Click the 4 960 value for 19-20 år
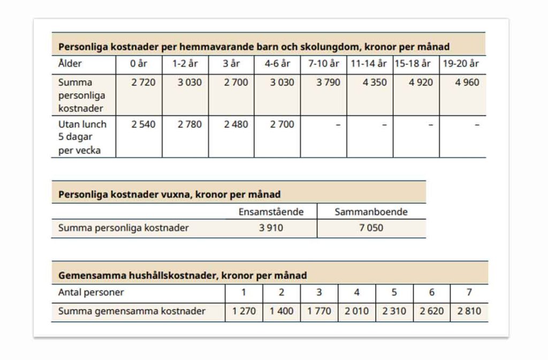point(467,82)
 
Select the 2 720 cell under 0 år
point(143,82)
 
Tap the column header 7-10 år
point(324,64)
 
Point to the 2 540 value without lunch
point(143,124)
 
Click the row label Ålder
point(70,64)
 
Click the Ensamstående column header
point(271,212)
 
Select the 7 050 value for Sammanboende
point(371,228)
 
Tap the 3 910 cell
point(271,228)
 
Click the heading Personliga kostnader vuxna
point(169,194)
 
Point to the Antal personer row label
point(91,293)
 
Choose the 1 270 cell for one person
point(244,311)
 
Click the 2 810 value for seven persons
point(469,311)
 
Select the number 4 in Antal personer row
point(357,293)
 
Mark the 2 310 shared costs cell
point(394,311)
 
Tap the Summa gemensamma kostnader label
point(132,311)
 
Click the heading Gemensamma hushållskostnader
point(182,275)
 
